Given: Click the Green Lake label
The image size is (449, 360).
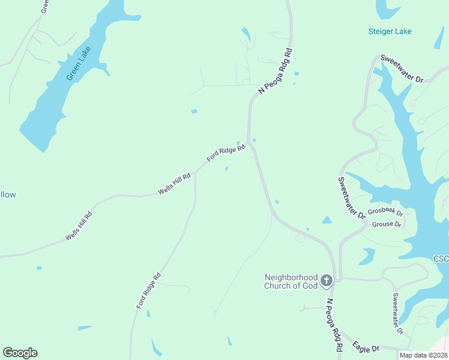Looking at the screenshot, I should coord(79,64).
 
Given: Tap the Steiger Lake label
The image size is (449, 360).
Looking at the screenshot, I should coord(390,31).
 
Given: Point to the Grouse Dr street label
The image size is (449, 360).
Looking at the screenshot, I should coord(386,224).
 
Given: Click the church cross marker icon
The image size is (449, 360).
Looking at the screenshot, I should coord(326,280).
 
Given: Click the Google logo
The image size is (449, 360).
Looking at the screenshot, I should coord(20,353).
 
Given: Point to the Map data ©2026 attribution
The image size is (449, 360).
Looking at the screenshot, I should coord(423,355).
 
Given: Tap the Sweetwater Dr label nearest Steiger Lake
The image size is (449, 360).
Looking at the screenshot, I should coord(402,71).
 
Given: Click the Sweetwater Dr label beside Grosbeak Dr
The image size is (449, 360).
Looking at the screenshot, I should coord(352,198).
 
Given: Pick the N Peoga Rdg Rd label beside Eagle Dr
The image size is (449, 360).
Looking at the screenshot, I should coord(334,325).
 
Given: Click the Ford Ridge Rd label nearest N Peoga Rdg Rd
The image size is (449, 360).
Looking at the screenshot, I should coord(226,153).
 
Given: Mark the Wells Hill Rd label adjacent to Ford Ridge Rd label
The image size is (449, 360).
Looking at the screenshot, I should coord(174,184).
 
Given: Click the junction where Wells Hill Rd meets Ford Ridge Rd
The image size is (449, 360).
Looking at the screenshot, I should coord(195,172).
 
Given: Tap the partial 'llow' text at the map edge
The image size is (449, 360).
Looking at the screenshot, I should coord(8,194).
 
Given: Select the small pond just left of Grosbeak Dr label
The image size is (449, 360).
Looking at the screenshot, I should coord(327,220).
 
